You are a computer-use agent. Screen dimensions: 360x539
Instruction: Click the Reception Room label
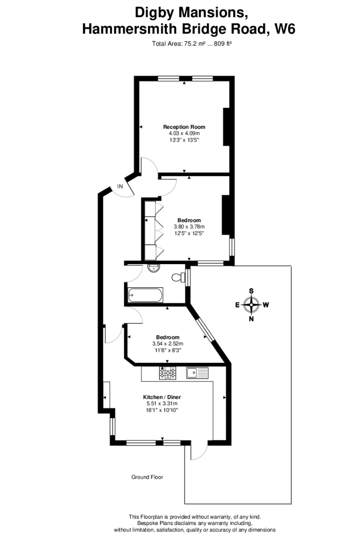click(x=184, y=127)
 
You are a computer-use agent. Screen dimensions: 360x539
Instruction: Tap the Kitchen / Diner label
click(x=162, y=397)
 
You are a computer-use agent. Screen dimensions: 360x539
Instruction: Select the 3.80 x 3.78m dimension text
click(x=189, y=226)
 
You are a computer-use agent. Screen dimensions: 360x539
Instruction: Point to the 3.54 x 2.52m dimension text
click(x=168, y=343)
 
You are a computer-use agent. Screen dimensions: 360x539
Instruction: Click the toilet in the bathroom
click(x=178, y=277)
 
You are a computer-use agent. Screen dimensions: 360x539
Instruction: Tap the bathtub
click(x=145, y=295)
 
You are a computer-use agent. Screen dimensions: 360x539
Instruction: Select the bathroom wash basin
click(x=153, y=268)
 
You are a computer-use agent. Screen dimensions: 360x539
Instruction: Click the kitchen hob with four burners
click(x=167, y=373)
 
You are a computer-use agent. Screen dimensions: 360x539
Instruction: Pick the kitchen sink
click(x=197, y=373)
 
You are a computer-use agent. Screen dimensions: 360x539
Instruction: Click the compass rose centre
click(x=251, y=305)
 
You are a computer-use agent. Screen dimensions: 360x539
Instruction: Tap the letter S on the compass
click(x=251, y=291)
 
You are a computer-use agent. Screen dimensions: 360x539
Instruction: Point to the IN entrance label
click(x=120, y=186)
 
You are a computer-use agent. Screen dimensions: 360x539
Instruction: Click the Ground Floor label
click(x=147, y=477)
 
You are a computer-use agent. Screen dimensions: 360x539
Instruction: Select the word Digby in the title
click(x=154, y=13)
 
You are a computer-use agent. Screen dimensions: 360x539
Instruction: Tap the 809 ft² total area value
click(x=224, y=43)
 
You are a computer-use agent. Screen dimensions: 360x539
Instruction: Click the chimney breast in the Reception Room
click(x=226, y=127)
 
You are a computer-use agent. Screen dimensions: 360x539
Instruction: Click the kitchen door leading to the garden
click(x=199, y=451)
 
